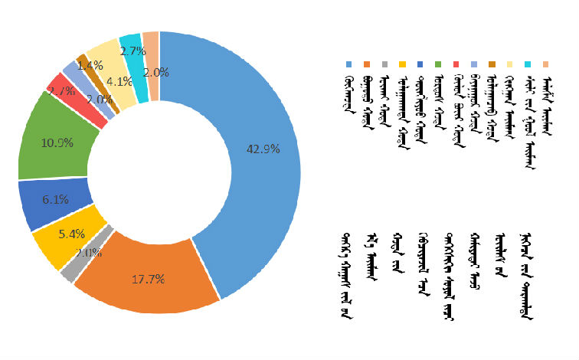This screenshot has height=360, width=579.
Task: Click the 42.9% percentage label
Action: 263,149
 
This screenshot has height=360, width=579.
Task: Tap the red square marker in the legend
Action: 456,65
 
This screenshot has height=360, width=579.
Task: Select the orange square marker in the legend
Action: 367,65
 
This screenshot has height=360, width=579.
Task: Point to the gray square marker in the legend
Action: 384,65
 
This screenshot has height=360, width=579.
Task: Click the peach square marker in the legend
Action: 546,65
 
